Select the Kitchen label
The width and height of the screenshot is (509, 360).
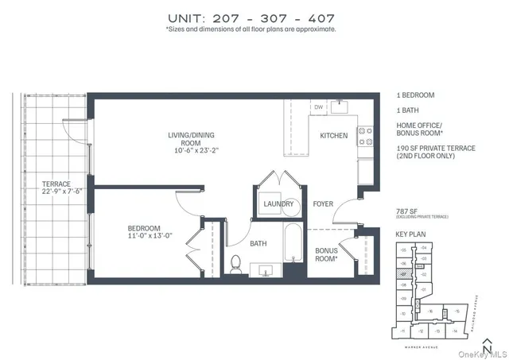tap(334, 136)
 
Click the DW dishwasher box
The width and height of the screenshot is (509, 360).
tap(318, 106)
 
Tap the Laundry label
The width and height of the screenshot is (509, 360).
tap(278, 204)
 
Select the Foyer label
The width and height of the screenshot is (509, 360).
tap(322, 204)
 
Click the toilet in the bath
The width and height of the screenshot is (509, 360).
tap(235, 265)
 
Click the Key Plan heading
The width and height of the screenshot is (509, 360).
tap(411, 234)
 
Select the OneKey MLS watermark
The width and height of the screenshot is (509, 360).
tap(480, 353)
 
